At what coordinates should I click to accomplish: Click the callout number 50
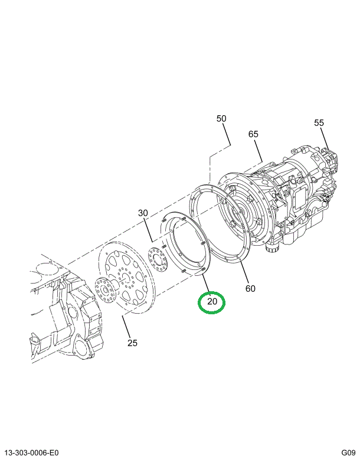(x=221, y=119)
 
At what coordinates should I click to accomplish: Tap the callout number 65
(x=253, y=134)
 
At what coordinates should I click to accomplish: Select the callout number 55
(x=319, y=123)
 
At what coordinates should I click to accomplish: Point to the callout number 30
(x=143, y=213)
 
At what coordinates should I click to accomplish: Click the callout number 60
(x=250, y=288)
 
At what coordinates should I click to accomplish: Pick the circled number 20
(x=212, y=302)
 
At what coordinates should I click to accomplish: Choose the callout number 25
(x=133, y=343)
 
